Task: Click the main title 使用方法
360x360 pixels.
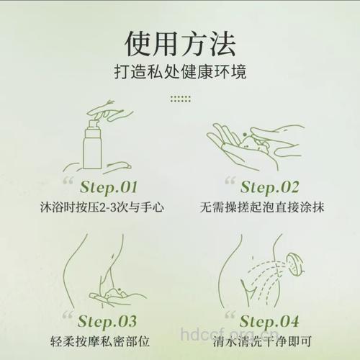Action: pos(179,45)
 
